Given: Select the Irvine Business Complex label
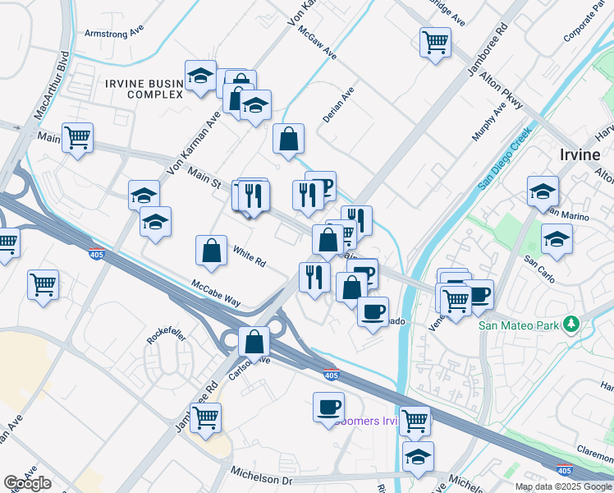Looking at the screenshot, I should pyautogui.click(x=144, y=89).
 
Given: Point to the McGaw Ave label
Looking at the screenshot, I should pyautogui.click(x=318, y=41).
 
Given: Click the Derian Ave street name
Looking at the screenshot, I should pyautogui.click(x=337, y=105).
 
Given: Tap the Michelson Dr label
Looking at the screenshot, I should pyautogui.click(x=261, y=478).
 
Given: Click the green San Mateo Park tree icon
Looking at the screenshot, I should pyautogui.click(x=572, y=325).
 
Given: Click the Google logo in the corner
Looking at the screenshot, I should pyautogui.click(x=27, y=482).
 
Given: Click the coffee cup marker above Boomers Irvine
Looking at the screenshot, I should pyautogui.click(x=328, y=407).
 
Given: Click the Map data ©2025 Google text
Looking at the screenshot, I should pyautogui.click(x=562, y=486).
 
